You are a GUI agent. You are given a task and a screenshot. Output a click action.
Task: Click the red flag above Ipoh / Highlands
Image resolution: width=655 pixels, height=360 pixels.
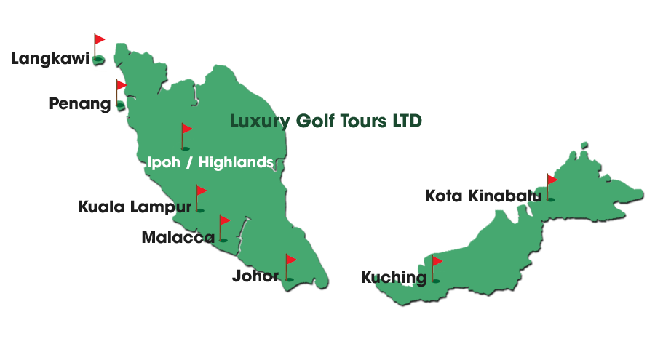[187, 129]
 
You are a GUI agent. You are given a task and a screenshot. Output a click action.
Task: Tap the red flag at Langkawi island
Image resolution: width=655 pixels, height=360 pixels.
[100, 39]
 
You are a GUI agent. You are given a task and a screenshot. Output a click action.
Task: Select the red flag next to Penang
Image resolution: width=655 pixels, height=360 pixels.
[121, 85]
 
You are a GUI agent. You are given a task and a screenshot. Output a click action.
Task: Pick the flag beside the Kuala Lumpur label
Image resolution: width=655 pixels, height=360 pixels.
[202, 192]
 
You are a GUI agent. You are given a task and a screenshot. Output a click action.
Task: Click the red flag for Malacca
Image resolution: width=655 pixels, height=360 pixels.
[225, 220]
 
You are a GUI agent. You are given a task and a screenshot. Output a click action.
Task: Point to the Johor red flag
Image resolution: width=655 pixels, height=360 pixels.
[290, 260]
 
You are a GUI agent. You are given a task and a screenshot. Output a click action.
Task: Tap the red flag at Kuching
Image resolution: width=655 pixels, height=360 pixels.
[437, 261]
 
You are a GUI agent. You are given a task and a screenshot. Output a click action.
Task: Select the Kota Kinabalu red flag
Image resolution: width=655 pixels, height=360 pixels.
[552, 179]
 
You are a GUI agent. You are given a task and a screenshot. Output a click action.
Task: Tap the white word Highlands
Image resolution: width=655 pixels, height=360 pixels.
[238, 162]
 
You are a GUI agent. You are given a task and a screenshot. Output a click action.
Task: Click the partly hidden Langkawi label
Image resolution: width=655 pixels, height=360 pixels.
[51, 60]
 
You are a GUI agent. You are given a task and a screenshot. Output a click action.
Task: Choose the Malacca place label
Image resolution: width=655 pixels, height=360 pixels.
[178, 237]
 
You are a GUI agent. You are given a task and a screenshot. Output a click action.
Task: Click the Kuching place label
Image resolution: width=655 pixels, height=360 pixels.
[393, 277]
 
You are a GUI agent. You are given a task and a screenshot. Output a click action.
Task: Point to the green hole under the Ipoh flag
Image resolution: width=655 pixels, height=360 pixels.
[185, 148]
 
